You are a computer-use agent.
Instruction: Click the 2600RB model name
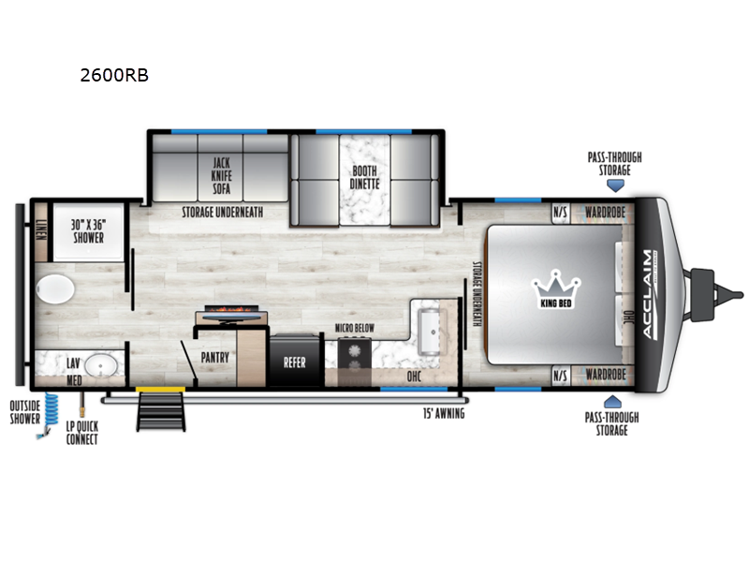pyautogui.click(x=114, y=76)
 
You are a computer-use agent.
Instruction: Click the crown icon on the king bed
pyautogui.click(x=556, y=281)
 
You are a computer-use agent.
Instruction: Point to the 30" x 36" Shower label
pyautogui.click(x=89, y=229)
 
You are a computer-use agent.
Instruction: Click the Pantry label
pyautogui.click(x=214, y=357)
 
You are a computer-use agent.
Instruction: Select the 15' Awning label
pyautogui.click(x=442, y=412)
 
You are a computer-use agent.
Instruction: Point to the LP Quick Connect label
pyautogui.click(x=81, y=434)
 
